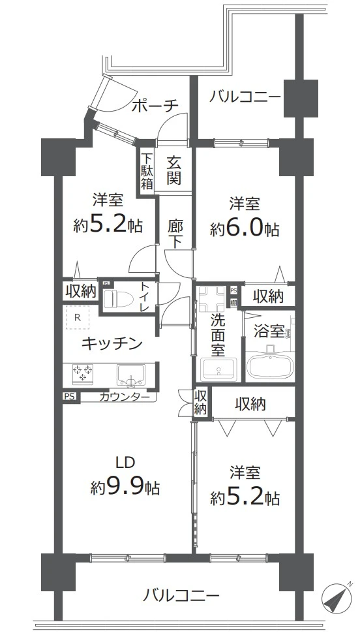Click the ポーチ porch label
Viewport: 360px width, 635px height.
(154, 106)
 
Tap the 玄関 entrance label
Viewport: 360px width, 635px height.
(173, 169)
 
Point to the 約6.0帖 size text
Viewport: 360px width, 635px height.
(245, 229)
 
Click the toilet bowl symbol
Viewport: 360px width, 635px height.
(119, 298)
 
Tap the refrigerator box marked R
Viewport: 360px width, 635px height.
(78, 318)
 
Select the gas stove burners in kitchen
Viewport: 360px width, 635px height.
(82, 373)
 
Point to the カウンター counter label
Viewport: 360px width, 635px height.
(128, 396)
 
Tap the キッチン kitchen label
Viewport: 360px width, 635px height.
(112, 343)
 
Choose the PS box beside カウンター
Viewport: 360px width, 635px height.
(68, 396)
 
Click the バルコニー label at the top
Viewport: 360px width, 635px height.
(245, 97)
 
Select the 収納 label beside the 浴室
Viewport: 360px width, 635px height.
(267, 296)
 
